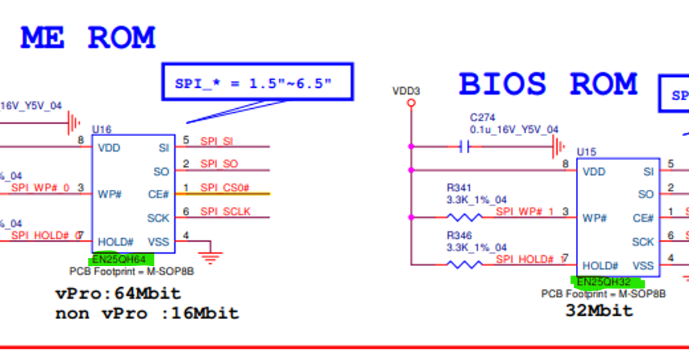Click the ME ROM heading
click(89, 38)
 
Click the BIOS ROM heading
click(548, 84)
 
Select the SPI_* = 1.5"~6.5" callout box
click(257, 83)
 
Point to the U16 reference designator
click(101, 129)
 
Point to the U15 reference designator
click(586, 152)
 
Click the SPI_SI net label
click(217, 141)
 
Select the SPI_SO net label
click(219, 165)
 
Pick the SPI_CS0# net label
click(225, 188)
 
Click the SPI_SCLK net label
click(225, 212)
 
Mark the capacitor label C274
click(483, 117)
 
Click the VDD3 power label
click(406, 91)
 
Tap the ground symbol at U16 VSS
click(212, 256)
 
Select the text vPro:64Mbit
click(118, 294)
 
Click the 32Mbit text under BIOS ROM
click(599, 310)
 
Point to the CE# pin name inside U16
click(158, 194)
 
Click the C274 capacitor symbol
click(466, 146)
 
